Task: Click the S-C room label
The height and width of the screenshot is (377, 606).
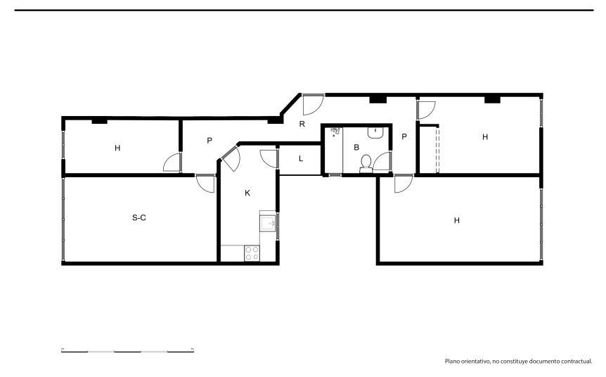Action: (x=138, y=218)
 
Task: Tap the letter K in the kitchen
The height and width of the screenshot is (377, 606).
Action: (x=247, y=193)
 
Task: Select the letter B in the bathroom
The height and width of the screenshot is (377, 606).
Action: (x=356, y=147)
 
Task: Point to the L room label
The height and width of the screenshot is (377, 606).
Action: (x=301, y=158)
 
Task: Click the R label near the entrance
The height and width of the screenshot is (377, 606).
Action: (x=302, y=124)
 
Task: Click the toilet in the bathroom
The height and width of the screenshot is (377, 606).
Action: (x=366, y=164)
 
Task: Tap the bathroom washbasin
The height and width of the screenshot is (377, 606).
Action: (x=375, y=132)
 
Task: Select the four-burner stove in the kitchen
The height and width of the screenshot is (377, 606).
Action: (x=252, y=253)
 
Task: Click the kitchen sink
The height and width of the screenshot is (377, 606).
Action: (x=267, y=223)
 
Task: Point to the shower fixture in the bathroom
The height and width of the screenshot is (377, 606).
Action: (x=335, y=132)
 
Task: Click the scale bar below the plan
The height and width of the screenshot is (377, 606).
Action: (x=127, y=351)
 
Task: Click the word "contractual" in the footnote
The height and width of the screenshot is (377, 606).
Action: (x=576, y=361)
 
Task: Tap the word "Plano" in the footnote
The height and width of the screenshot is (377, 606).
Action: (x=451, y=361)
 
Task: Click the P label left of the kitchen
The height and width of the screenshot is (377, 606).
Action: (x=209, y=141)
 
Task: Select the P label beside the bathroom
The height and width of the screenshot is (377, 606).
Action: (x=404, y=136)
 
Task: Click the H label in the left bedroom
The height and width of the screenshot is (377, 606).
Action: (x=117, y=148)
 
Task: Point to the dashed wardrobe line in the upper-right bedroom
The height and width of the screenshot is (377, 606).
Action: (x=437, y=150)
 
